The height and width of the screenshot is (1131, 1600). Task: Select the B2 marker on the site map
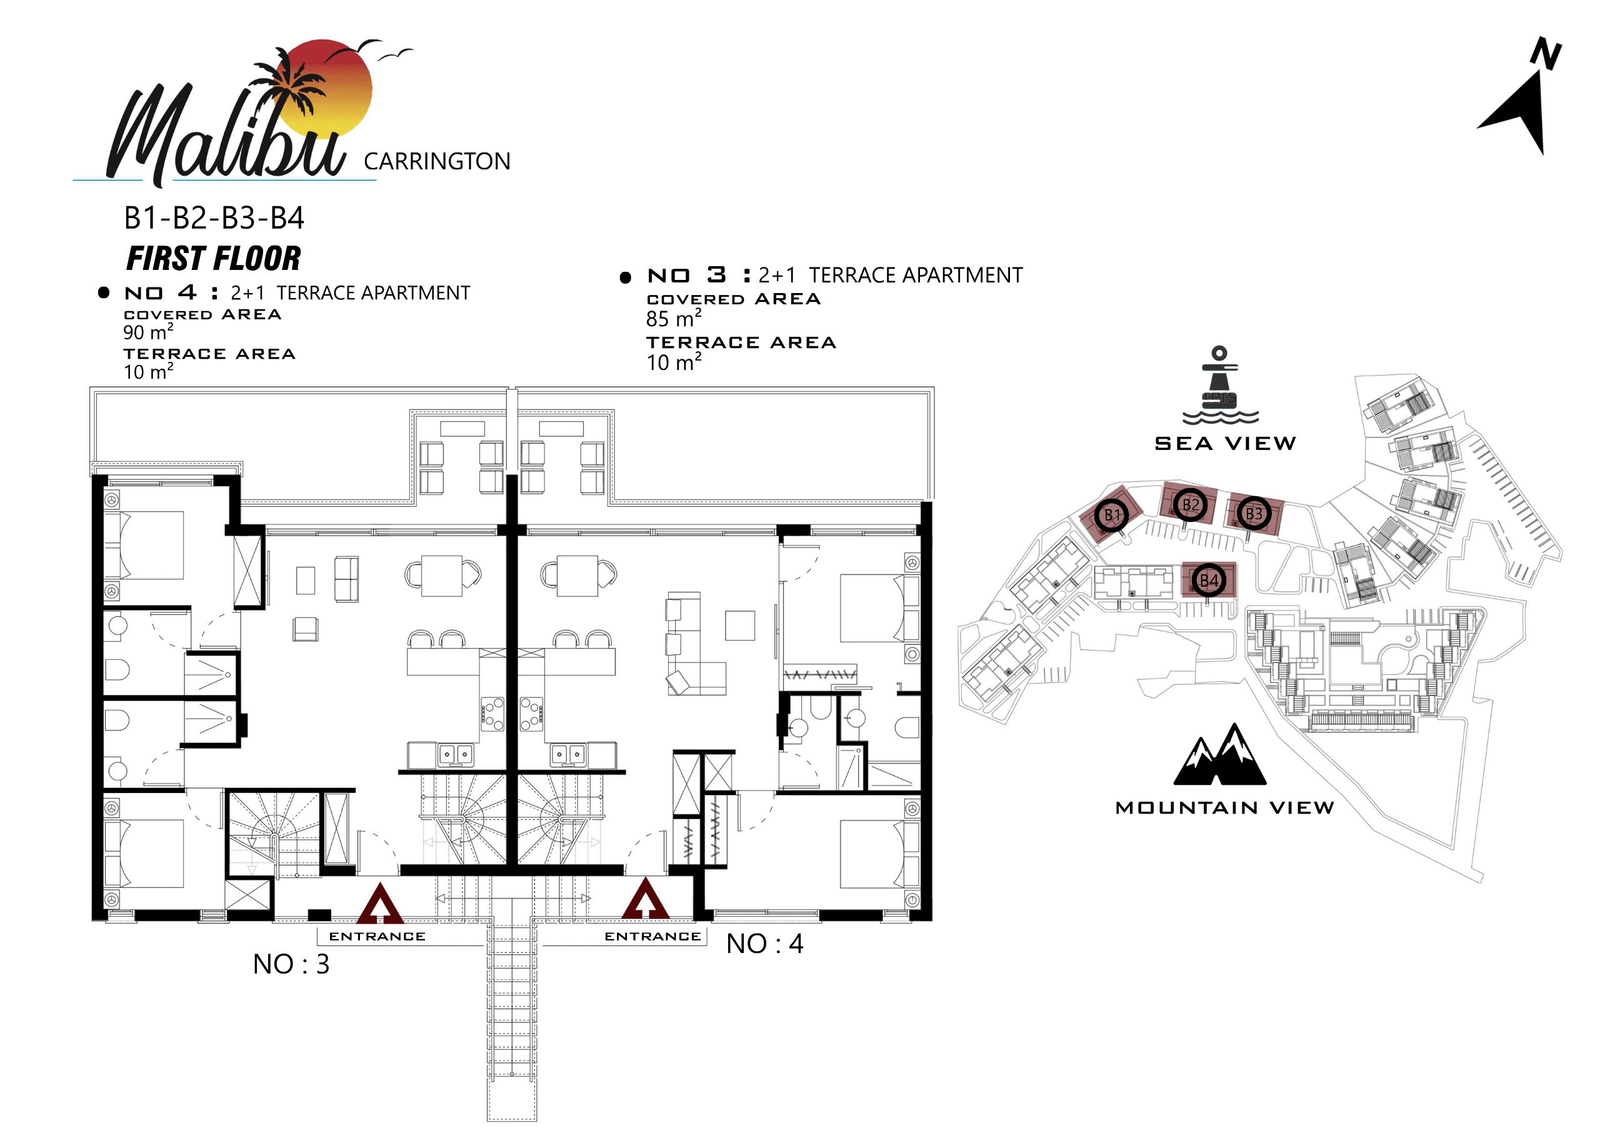point(1190,504)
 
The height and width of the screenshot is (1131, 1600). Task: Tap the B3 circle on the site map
point(1254,514)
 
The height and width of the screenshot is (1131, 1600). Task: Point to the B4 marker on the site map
point(1209,580)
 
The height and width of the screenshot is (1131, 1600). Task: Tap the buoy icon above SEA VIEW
point(1220,386)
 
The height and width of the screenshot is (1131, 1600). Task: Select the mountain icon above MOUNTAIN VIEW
point(1219,754)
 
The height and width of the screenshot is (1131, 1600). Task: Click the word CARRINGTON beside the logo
point(437,162)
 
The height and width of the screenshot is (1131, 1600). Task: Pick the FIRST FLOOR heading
point(213,259)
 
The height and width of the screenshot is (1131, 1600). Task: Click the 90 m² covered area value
point(148,332)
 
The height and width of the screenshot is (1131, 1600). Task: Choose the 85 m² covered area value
point(673,318)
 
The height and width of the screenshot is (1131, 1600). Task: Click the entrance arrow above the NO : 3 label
point(380,903)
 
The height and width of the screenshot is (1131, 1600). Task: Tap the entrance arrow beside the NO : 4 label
point(645,899)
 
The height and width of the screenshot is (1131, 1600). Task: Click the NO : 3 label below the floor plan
point(291,964)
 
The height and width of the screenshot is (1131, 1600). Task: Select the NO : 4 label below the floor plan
point(764,944)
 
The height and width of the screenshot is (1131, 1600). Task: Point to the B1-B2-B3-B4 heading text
point(214,218)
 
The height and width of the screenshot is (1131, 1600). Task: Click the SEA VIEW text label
point(1225,443)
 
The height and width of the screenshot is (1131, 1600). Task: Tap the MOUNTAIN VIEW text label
point(1225,808)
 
